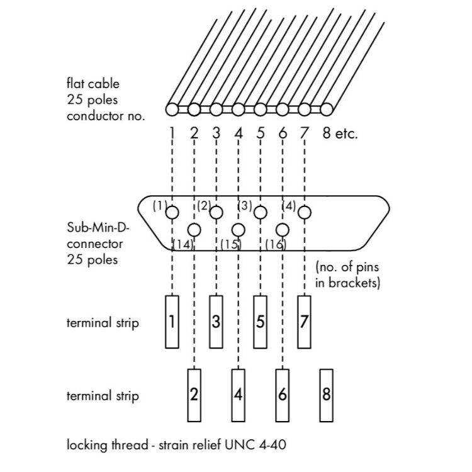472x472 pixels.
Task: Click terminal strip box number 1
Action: tap(172, 322)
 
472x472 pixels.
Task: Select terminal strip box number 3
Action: tap(216, 322)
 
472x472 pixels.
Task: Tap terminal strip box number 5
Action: tap(261, 322)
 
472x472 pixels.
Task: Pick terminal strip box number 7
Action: tap(305, 322)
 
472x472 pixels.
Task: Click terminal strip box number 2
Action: tap(194, 395)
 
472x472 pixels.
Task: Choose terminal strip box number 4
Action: tap(239, 395)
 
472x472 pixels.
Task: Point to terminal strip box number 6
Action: tap(283, 395)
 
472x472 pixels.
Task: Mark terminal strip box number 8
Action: tap(326, 395)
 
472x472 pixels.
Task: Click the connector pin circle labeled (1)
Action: tap(172, 213)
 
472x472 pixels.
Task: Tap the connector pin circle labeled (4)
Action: tap(305, 213)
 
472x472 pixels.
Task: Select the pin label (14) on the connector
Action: tap(183, 244)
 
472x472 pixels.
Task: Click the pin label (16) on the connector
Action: tap(276, 244)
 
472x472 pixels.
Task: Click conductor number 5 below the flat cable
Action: tap(261, 133)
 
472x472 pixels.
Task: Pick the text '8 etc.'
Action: tap(340, 133)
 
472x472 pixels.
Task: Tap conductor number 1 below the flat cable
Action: tap(172, 133)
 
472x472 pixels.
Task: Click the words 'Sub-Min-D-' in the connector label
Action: tap(94, 227)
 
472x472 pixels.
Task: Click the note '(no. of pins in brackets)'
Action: tap(347, 275)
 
